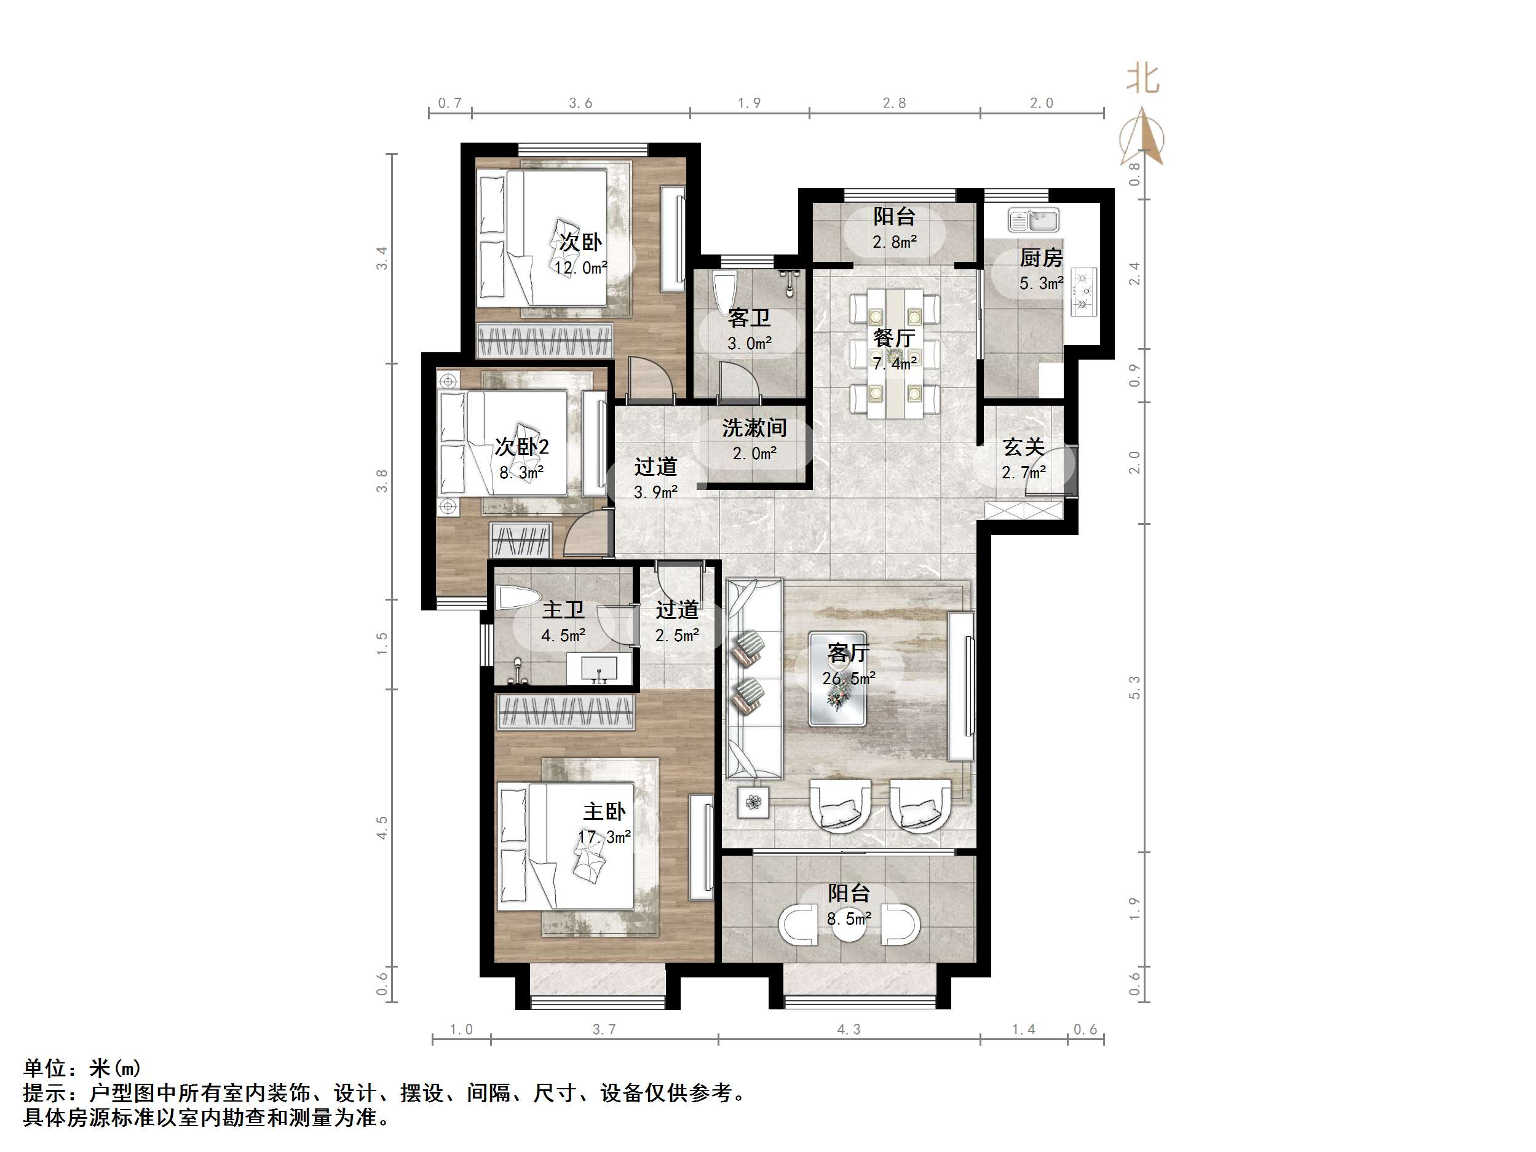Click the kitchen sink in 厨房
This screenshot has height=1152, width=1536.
[1033, 221]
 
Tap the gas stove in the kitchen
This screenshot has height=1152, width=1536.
[1083, 291]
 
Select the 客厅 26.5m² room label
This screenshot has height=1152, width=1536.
[848, 665]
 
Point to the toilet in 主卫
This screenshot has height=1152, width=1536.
[517, 598]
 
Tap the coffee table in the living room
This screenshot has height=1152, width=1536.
[837, 679]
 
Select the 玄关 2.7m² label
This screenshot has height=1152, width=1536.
[1024, 459]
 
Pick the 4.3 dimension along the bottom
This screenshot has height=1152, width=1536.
[848, 1029]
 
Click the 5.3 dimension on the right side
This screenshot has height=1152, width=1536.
[1134, 687]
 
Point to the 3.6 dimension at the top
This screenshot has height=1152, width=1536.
[580, 103]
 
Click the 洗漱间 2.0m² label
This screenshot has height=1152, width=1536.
[754, 440]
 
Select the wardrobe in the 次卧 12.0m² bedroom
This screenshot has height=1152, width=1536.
[544, 341]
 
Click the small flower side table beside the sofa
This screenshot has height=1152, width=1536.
[753, 803]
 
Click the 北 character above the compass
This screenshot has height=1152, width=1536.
[1142, 79]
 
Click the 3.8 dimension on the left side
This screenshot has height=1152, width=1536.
[382, 481]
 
